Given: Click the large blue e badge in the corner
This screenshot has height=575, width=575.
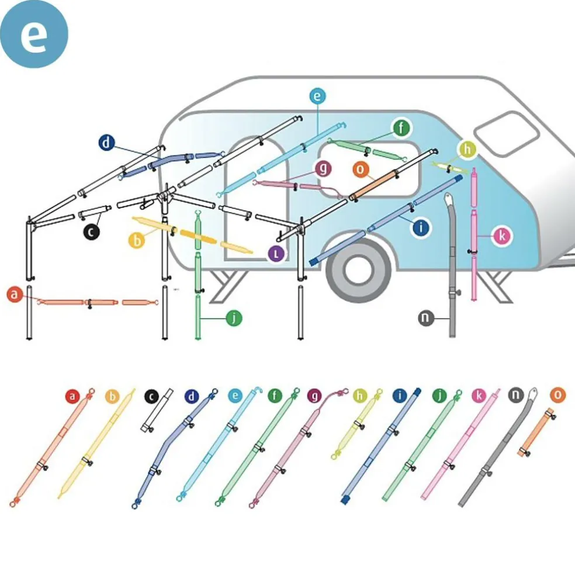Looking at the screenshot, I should click(34, 34).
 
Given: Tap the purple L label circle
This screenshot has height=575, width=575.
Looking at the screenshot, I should click(276, 253).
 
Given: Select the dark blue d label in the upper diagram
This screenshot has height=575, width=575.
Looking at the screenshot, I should click(107, 143).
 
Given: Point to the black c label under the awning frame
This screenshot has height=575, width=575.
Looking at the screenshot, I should click(91, 232).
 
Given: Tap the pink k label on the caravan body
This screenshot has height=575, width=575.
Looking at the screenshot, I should click(501, 236).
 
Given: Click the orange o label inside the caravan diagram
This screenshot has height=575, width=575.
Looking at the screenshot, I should click(362, 169).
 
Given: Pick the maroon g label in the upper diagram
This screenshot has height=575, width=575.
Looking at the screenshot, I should click(323, 168).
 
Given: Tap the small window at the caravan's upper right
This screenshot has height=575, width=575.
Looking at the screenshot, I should click(506, 134).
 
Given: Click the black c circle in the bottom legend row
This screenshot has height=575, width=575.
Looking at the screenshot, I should click(151, 397).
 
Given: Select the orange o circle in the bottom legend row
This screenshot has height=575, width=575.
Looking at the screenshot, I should click(558, 396).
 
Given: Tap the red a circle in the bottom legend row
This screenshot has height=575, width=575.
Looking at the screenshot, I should click(72, 396).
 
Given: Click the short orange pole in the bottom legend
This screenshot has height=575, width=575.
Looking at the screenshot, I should click(534, 434).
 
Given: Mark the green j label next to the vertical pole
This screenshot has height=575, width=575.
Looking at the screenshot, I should click(233, 318).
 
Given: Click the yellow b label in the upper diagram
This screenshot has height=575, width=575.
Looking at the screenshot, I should click(136, 240).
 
